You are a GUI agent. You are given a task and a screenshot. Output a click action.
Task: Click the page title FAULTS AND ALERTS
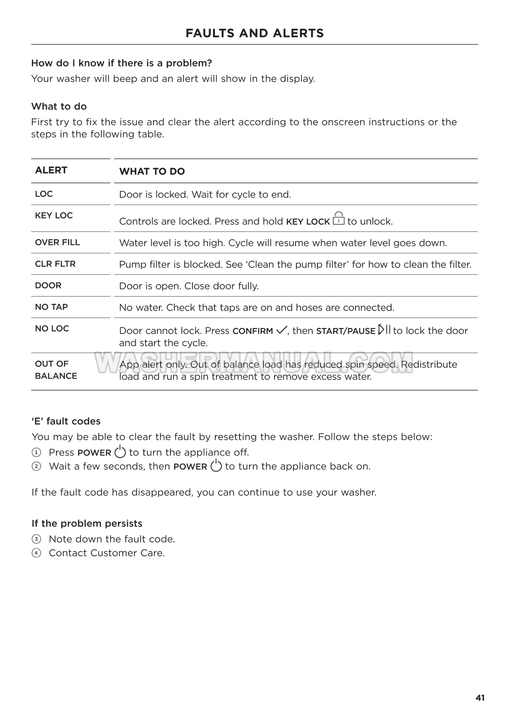point(254,33)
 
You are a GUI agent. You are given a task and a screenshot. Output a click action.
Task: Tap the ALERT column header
point(51,170)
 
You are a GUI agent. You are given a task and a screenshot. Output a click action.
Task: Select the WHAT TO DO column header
point(152,171)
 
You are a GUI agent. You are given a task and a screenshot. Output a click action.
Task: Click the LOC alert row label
point(44,194)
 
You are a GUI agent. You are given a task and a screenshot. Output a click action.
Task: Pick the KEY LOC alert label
point(54,215)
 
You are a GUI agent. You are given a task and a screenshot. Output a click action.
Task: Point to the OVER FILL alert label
point(57,242)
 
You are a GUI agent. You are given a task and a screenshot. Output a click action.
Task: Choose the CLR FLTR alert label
point(55,264)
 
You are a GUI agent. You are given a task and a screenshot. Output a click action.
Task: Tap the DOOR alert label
point(48,286)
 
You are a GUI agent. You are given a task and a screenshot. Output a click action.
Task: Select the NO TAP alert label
point(51,307)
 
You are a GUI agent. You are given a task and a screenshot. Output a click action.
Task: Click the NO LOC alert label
point(52,328)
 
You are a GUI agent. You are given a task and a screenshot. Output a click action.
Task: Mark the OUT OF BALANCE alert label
point(56,370)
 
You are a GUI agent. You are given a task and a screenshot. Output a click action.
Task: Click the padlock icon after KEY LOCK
point(338,219)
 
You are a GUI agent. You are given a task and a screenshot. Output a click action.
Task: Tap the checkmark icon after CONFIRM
point(281,330)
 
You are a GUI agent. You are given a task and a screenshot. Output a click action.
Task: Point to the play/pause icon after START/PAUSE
point(384,329)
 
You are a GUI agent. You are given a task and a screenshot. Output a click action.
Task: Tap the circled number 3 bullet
point(36,539)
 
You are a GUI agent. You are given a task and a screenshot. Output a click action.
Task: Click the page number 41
point(480,698)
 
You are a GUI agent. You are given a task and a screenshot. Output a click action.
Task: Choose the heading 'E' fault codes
point(66,421)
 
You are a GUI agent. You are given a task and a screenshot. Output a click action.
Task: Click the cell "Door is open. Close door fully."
point(189,286)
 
